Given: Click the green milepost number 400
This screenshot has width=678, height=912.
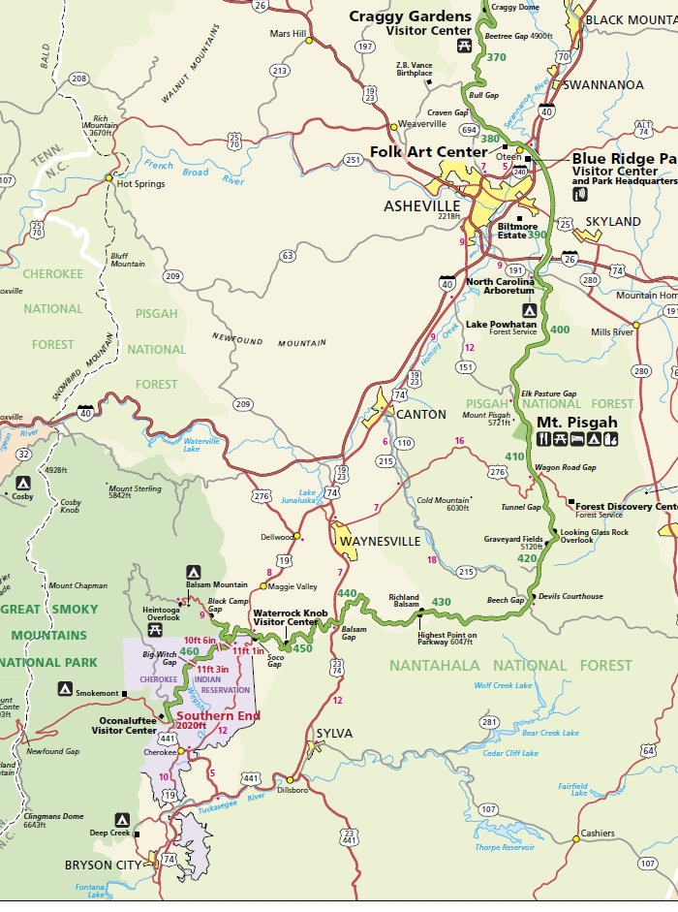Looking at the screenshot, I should coord(560,330).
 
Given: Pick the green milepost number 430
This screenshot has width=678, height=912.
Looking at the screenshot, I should coord(441,602).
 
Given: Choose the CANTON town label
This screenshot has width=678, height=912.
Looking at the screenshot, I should coord(421,414).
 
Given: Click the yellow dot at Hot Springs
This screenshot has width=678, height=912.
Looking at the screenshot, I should coord(108,177).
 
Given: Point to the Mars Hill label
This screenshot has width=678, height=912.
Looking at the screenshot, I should coord(287,34).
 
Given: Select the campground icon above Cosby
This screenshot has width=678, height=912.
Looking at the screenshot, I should coord(22,482).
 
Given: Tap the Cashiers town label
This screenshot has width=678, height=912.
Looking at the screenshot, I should coord(599,833).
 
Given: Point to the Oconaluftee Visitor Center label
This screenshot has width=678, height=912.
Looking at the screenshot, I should coord(127,725).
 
